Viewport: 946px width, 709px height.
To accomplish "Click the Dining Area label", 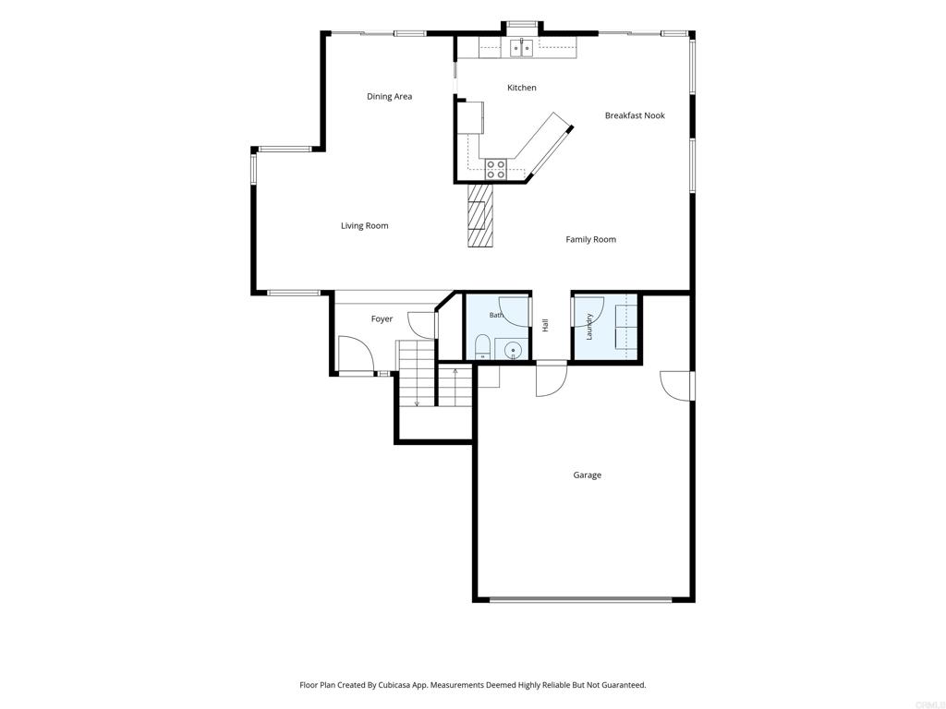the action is coord(389,96).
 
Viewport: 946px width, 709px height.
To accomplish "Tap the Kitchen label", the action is coord(521,88).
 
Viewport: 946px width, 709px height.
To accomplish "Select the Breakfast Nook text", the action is coord(635,115).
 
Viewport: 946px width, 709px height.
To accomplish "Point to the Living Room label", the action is coord(364,225).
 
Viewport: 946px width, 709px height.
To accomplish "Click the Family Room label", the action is coord(590,239).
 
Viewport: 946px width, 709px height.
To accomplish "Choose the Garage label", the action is coord(587,475).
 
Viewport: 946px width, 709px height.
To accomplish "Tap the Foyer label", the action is coord(382,318).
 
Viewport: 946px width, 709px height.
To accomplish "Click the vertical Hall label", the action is coord(545,325).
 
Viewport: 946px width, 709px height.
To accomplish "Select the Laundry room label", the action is coord(589,326).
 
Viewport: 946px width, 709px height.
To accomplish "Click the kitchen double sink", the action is coord(521,48).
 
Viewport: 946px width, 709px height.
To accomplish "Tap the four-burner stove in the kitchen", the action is coord(496,169).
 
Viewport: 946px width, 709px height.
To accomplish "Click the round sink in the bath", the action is coord(512,350).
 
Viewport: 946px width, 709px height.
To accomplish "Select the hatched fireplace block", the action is coord(480,214).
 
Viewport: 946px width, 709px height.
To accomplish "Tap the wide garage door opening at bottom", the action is coord(580,600).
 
